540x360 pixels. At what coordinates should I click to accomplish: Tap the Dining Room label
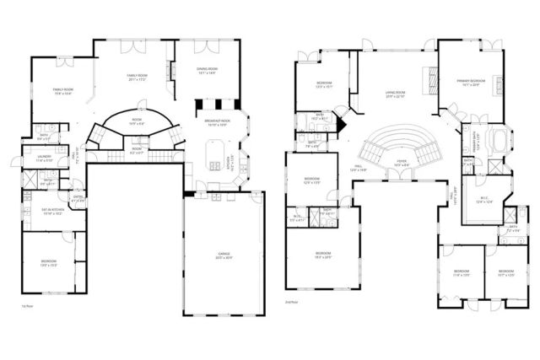pyautogui.click(x=207, y=71)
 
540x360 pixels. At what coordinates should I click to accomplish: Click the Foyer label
pyautogui.click(x=402, y=164)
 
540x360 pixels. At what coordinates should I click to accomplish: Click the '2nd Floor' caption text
pyautogui.click(x=293, y=301)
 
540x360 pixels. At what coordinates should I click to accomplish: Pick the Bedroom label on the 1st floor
pyautogui.click(x=48, y=263)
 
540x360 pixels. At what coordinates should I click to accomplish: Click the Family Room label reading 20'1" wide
pyautogui.click(x=138, y=78)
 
